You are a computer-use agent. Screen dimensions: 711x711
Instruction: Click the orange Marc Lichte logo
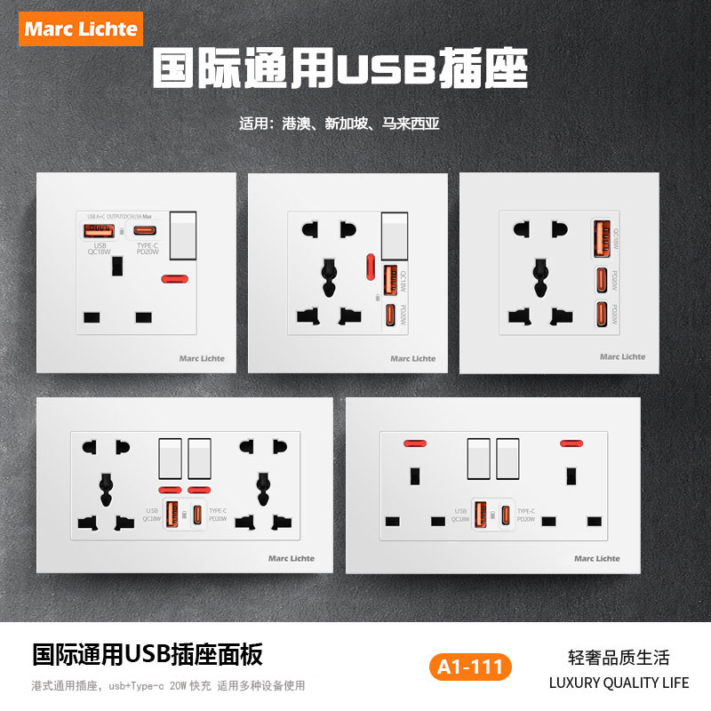82,28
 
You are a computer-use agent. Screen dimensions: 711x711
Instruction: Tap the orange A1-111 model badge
470,666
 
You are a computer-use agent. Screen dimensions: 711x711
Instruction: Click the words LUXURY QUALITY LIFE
619,683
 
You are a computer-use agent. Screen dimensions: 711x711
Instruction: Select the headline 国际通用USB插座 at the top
340,67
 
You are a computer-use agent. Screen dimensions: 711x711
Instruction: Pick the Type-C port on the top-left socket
147,231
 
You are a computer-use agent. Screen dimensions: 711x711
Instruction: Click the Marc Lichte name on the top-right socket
622,356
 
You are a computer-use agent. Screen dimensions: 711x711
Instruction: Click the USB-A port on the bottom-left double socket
172,515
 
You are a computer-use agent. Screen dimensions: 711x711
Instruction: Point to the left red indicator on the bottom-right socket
411,443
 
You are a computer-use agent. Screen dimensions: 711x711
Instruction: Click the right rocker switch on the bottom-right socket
507,459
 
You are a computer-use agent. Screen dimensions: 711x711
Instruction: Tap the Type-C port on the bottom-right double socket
505,515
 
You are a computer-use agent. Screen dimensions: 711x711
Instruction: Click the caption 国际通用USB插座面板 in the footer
148,656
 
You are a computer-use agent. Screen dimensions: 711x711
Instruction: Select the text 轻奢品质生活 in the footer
619,658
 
